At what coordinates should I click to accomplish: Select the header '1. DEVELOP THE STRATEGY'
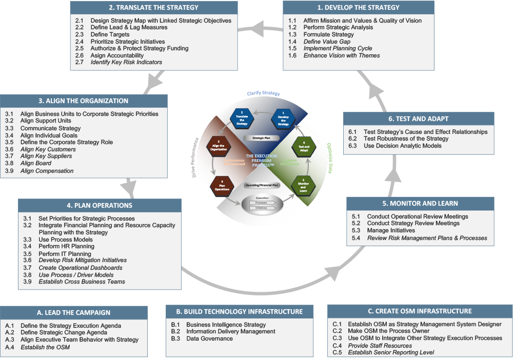(x=358, y=8)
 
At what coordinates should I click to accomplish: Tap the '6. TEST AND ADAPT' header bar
(x=419, y=119)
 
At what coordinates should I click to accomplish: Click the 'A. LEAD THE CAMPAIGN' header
(x=74, y=312)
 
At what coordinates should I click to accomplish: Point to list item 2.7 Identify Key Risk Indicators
(x=126, y=62)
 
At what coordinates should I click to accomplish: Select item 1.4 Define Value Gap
(x=326, y=42)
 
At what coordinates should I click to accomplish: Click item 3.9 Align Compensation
(x=47, y=171)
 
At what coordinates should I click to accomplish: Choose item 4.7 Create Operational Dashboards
(x=80, y=268)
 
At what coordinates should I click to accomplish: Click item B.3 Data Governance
(x=209, y=339)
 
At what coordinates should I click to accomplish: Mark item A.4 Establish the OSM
(x=45, y=347)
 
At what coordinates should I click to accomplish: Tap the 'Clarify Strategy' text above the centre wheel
(x=263, y=94)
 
